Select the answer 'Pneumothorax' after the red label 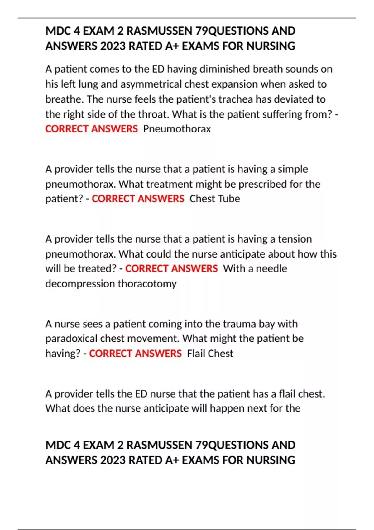pyautogui.click(x=177, y=129)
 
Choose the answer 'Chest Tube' pyautogui.click(x=215, y=199)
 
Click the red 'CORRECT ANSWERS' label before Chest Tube pyautogui.click(x=138, y=199)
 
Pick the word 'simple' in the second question pyautogui.click(x=293, y=169)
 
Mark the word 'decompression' pyautogui.click(x=80, y=284)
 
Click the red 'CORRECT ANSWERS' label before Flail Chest pyautogui.click(x=135, y=354)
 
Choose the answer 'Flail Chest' pyautogui.click(x=210, y=354)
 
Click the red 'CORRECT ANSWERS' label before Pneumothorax pyautogui.click(x=91, y=129)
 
